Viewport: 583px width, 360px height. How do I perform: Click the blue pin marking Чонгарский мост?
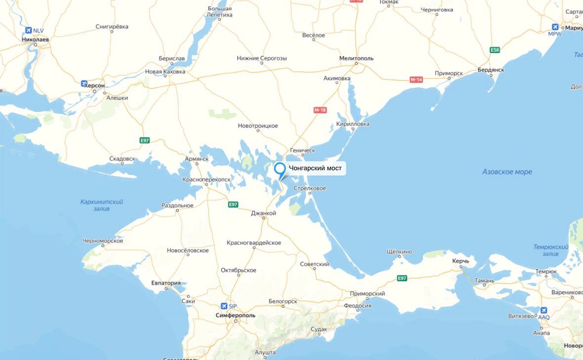click(280, 169)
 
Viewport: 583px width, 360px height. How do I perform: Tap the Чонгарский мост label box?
click(315, 169)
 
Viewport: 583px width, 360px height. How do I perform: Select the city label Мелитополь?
click(356, 58)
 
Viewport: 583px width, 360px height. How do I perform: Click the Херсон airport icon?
click(84, 83)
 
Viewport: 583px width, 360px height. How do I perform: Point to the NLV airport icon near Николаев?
click(28, 31)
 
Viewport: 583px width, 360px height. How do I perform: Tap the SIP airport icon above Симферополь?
click(225, 306)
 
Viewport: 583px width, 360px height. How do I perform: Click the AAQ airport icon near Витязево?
click(543, 310)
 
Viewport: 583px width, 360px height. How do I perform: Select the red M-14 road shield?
click(416, 80)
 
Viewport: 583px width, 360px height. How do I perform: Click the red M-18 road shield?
click(320, 110)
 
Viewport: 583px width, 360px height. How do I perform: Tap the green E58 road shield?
click(495, 50)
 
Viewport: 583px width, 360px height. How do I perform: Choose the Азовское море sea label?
click(507, 172)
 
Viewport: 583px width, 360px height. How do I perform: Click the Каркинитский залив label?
click(102, 205)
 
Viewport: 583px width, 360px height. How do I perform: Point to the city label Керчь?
click(464, 260)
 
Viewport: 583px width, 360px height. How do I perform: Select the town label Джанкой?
click(263, 213)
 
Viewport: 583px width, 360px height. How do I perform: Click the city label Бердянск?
click(491, 70)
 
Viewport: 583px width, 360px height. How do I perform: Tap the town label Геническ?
click(302, 150)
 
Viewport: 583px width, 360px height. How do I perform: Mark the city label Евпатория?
click(166, 283)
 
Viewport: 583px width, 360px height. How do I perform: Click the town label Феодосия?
click(358, 306)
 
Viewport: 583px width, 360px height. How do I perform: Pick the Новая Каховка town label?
click(165, 72)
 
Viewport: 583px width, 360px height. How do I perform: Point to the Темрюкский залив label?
click(551, 250)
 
